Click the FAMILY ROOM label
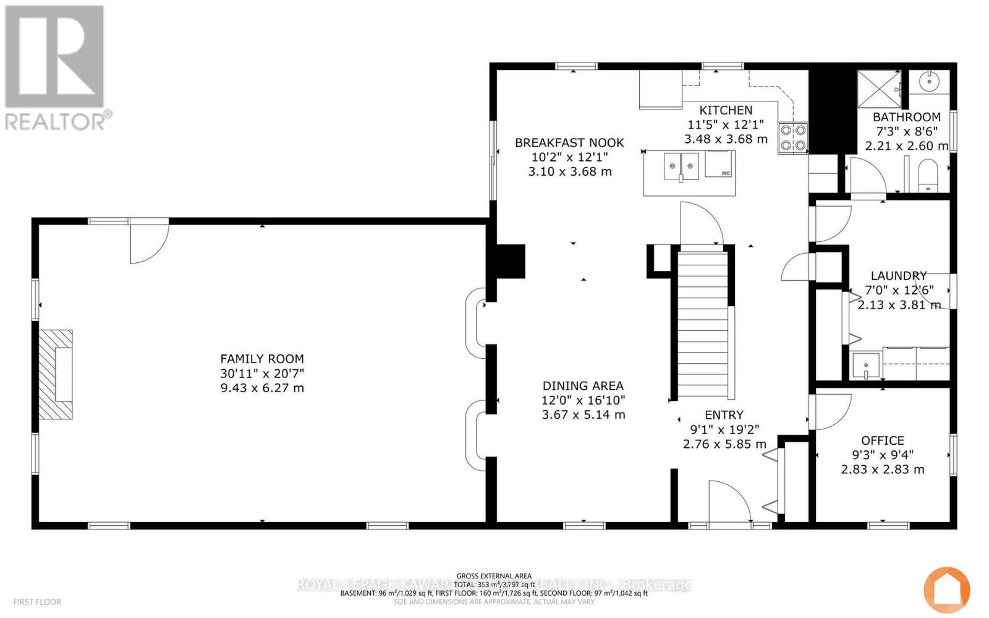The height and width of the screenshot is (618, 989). pos(262,359)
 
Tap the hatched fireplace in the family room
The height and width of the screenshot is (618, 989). pos(56,375)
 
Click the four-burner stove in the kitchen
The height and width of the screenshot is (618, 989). pos(793,138)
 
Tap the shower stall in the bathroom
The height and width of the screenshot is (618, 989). pos(878,90)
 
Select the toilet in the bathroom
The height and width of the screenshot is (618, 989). pos(928,175)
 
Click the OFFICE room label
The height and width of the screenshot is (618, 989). pos(883,440)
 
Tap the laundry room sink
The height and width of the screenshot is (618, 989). pos(865,366)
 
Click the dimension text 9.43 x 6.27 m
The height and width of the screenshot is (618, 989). pos(262,388)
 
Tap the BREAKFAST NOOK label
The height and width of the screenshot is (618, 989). pos(569,143)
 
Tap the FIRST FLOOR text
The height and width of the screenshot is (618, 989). pos(37,602)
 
